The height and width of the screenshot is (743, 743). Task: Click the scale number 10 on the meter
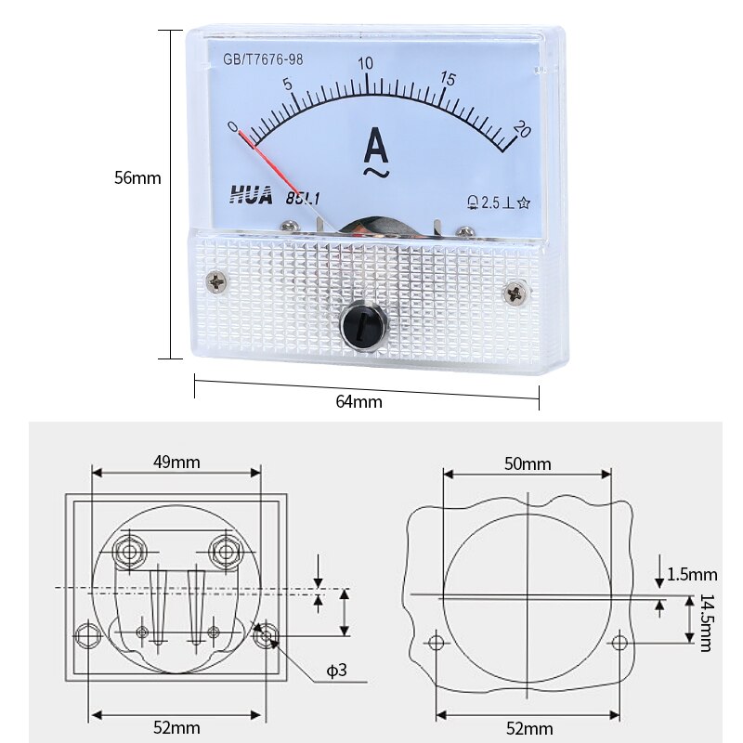point(366,62)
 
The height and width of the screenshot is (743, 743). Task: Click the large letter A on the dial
point(374,146)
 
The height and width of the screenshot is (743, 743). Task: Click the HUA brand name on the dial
point(249,195)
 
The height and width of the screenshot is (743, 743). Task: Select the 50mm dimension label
point(527,463)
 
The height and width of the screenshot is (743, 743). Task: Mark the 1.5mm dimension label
point(691,574)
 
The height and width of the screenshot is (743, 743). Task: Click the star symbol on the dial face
point(525,202)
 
